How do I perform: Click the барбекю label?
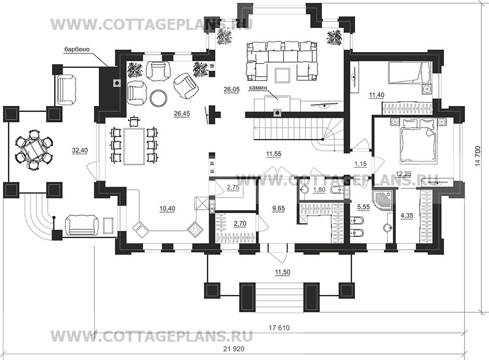(x=77, y=49)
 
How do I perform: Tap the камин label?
(x=258, y=88)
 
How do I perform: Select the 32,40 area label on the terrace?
(x=80, y=150)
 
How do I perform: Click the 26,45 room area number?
(x=182, y=114)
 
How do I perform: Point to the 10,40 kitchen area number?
(x=167, y=208)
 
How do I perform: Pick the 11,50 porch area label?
(x=282, y=272)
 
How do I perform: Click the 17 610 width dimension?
(x=279, y=328)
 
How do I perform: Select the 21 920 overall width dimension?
(x=234, y=349)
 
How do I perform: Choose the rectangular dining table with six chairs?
(x=134, y=146)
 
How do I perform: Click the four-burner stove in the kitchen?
(x=195, y=229)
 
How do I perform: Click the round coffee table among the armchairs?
(x=159, y=98)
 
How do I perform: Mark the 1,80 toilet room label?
(x=319, y=190)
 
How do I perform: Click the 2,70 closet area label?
(x=240, y=223)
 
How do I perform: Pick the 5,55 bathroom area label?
(x=363, y=207)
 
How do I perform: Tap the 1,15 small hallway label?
(x=360, y=164)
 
